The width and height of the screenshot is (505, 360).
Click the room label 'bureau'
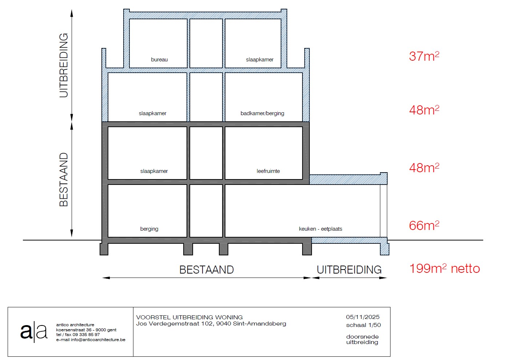pos(159,60)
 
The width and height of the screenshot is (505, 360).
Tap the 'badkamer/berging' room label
pos(262,113)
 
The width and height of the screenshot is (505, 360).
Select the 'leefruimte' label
pos(268,171)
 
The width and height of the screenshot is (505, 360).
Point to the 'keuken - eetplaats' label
pos(320,229)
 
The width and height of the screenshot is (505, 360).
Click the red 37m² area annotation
pos(424,56)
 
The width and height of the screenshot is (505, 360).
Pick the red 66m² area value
pos(424,225)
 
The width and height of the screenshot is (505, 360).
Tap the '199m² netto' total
pos(444,268)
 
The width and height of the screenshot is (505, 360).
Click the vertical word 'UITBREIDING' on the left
pos(64,65)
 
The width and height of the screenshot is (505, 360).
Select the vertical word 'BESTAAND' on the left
pos(64,179)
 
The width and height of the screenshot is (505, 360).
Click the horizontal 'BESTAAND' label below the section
pos(207,270)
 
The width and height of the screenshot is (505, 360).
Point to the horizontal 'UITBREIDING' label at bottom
pos(349,270)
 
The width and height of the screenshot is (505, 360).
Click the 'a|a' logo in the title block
pos(34,332)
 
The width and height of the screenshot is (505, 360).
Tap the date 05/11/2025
pos(363,317)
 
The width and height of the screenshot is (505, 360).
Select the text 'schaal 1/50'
pos(364,325)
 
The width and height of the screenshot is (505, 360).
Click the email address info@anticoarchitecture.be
pos(98,340)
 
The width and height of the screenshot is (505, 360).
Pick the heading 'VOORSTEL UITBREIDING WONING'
pos(189,317)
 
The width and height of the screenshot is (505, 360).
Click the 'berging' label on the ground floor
pos(149,229)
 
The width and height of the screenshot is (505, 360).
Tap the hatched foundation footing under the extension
pos(385,249)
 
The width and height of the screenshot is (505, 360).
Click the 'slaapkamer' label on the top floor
pos(260,60)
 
